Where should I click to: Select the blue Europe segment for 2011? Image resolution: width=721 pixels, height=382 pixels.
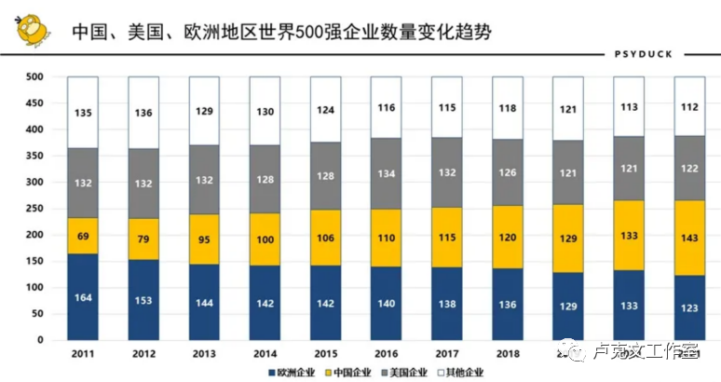tap(83, 296)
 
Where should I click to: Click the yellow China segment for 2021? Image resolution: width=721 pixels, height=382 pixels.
tap(689, 238)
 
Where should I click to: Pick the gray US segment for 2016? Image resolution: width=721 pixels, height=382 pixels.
tap(387, 173)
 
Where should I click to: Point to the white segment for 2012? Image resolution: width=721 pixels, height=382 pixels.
tap(143, 113)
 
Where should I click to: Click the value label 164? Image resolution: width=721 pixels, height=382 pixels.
tap(83, 297)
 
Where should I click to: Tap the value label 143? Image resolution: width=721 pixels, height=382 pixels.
tap(689, 238)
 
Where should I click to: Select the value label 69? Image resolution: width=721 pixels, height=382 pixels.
tap(83, 236)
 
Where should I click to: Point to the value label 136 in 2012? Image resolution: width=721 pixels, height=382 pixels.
tap(143, 113)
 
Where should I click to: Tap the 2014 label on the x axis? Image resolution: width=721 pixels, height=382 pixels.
tap(265, 354)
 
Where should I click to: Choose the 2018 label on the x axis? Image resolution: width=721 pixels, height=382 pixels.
tap(508, 354)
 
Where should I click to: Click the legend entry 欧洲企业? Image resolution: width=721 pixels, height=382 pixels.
tap(291, 373)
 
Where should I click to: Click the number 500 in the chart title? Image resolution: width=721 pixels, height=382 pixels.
tap(311, 32)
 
